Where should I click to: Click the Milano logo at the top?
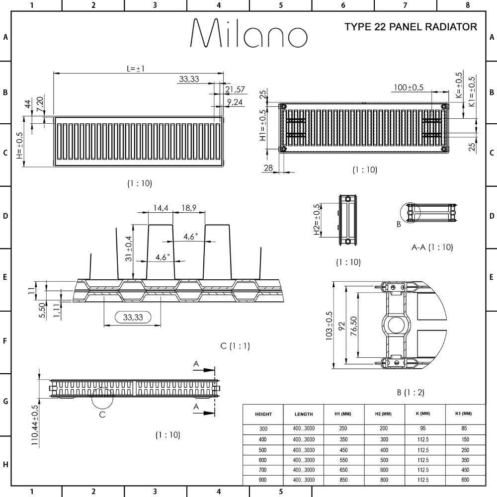[x=248, y=33]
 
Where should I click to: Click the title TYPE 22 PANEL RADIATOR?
[x=411, y=27]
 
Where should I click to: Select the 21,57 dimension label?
[x=235, y=89]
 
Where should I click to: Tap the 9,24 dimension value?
[x=235, y=102]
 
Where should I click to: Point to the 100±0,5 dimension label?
[x=408, y=87]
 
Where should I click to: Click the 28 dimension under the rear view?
[x=268, y=167]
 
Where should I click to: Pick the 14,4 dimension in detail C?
[x=161, y=208]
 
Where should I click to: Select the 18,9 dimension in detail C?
[x=189, y=208]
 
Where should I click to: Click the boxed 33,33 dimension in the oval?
[x=133, y=317]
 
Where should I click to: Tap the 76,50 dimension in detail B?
[x=354, y=326]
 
